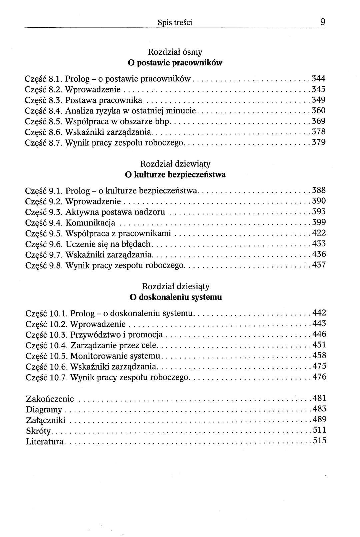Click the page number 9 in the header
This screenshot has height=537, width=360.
pos(323,22)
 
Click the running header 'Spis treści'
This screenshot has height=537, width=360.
pos(175,23)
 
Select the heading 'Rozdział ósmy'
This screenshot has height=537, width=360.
pos(175,52)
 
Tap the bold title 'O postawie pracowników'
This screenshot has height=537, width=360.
pos(175,63)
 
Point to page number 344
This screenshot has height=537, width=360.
pos(318,79)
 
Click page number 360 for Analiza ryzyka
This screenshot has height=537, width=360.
pos(318,110)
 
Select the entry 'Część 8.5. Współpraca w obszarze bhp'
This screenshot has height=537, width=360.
pos(98,121)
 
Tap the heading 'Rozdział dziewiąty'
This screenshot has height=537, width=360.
pos(175,164)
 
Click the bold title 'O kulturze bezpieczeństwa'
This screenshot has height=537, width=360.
pos(175,174)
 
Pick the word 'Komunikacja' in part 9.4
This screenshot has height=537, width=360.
pos(90,222)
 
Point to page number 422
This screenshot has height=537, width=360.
pos(319,233)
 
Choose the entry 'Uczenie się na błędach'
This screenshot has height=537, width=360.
pos(108,244)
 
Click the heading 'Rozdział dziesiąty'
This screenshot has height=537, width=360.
pos(175,286)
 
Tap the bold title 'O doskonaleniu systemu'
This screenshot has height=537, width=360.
pos(175,297)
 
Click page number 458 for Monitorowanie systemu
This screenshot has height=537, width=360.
pos(319,356)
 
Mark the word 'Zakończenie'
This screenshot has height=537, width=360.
pos(50,399)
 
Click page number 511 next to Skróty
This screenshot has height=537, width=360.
pos(319,430)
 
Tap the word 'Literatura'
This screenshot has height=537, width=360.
pos(45,442)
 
